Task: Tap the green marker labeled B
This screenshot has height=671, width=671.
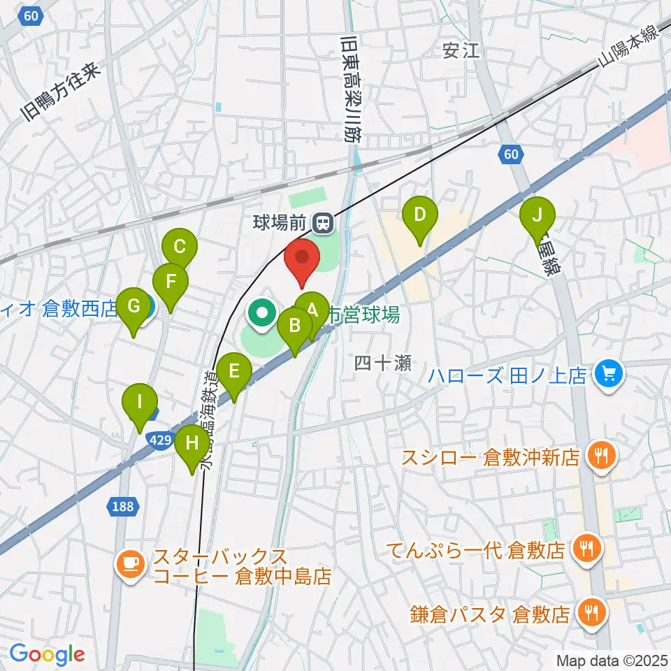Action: click(295, 326)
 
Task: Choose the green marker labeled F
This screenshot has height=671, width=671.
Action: click(171, 282)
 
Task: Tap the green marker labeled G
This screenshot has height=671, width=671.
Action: click(133, 306)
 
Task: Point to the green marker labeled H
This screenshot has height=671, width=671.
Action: click(192, 442)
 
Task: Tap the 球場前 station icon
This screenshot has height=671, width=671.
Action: click(323, 224)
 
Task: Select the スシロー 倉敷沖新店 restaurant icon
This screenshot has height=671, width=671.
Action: click(600, 456)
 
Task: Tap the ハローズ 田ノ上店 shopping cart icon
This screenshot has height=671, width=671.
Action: click(607, 375)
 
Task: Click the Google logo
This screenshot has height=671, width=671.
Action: click(47, 654)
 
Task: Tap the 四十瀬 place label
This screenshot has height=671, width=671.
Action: click(375, 362)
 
